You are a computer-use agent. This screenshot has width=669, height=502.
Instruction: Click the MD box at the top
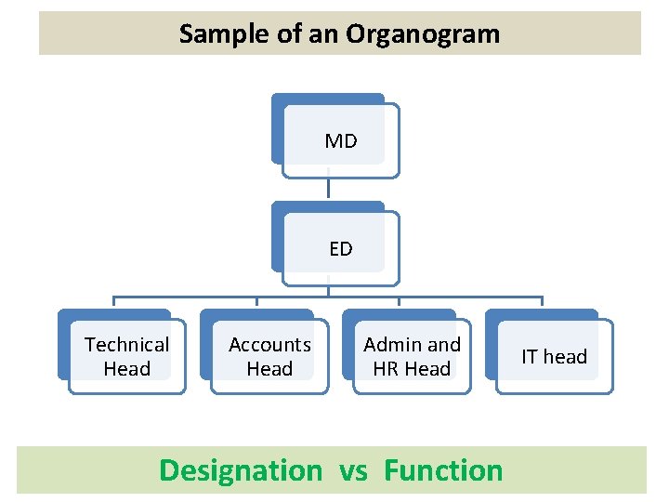click(x=340, y=140)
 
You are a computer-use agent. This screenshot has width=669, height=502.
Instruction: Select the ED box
click(x=340, y=248)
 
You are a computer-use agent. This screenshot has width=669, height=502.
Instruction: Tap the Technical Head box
click(x=127, y=357)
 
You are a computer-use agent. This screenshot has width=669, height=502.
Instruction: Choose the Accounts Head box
click(x=269, y=357)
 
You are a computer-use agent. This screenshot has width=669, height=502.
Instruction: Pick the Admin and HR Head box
click(x=412, y=357)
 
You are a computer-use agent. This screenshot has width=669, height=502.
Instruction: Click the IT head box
click(x=554, y=357)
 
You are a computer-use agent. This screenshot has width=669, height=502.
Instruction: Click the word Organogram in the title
click(x=423, y=34)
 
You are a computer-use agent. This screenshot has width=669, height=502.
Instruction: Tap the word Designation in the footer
click(x=240, y=470)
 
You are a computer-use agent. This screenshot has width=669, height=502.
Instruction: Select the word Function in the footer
click(x=443, y=470)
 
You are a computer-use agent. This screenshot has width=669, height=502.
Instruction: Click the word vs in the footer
click(x=353, y=470)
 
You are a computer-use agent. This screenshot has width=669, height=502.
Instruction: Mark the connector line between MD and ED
click(x=329, y=188)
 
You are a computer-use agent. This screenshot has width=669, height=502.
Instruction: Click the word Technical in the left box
click(x=127, y=345)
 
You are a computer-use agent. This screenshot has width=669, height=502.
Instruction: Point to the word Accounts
click(x=269, y=345)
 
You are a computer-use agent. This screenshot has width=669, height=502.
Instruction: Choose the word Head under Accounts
click(x=269, y=369)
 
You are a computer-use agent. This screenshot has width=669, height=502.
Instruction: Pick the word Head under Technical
click(x=127, y=369)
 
